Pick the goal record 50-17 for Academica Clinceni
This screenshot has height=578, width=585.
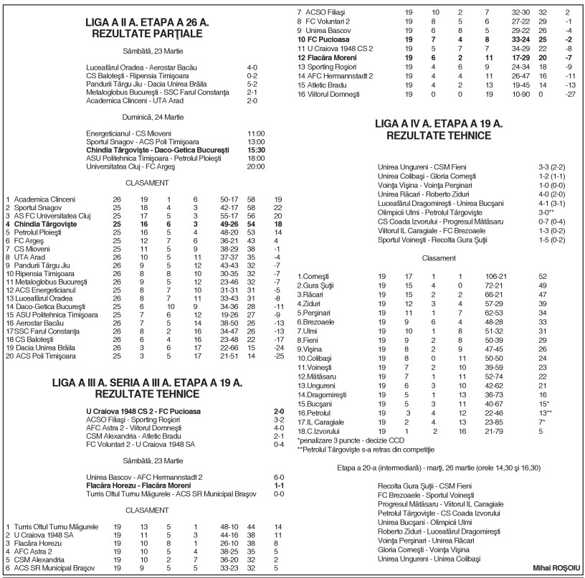point(229,199)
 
